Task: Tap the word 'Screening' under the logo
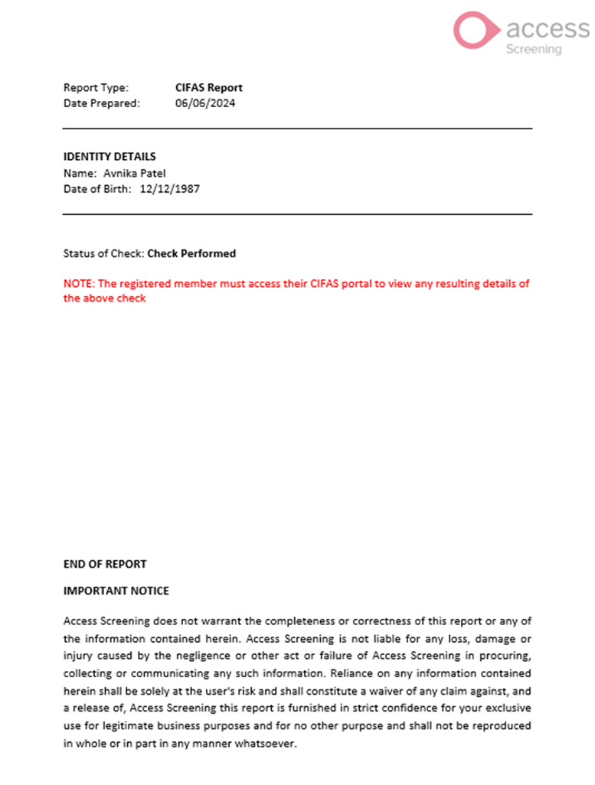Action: click(x=534, y=49)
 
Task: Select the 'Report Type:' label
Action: click(x=96, y=87)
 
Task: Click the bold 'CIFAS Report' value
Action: click(x=208, y=87)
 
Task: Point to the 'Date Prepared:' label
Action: click(x=101, y=103)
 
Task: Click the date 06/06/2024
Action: click(x=205, y=103)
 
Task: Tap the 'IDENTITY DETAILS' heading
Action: click(x=110, y=157)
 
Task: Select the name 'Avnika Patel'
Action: click(x=135, y=173)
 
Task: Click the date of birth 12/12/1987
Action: click(x=170, y=188)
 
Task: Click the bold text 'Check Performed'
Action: click(x=191, y=253)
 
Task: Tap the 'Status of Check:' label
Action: click(x=103, y=253)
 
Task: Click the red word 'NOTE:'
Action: click(x=78, y=284)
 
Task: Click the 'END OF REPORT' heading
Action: click(x=104, y=564)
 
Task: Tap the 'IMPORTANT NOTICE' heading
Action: click(x=116, y=591)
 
